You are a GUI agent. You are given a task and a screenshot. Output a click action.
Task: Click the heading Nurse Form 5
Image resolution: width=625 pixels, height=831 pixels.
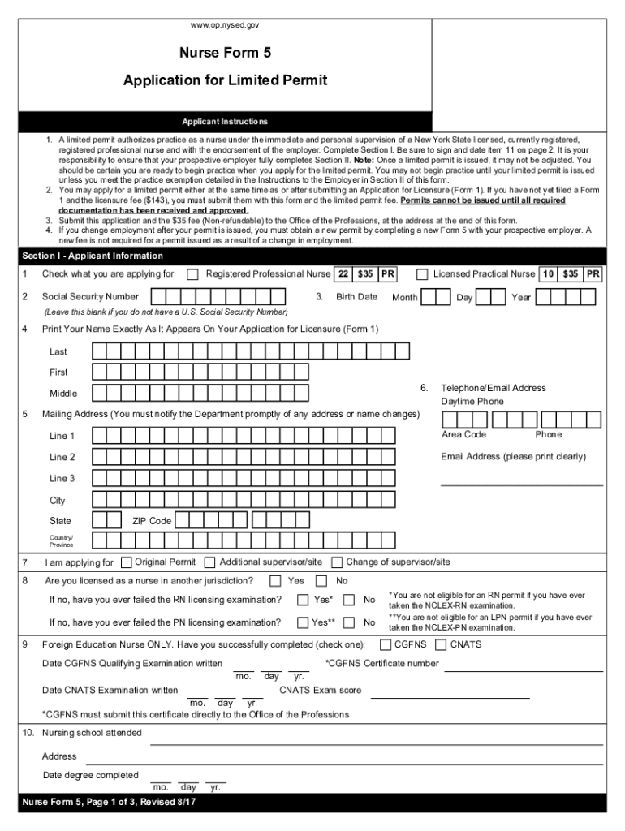point(225,54)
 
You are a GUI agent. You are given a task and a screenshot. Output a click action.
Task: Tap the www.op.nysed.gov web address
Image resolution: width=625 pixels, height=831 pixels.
point(225,25)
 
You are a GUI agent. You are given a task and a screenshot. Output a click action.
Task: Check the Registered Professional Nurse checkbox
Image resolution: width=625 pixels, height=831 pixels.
point(192,274)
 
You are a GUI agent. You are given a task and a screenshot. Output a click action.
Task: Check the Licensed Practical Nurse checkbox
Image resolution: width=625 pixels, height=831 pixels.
point(422,274)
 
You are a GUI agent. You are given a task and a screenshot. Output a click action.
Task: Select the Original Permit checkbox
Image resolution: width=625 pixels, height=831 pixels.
point(126,562)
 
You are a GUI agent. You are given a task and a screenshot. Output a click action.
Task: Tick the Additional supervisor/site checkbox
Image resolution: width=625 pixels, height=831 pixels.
point(210,562)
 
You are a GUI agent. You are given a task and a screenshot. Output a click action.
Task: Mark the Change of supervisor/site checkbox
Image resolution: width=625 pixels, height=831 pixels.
point(337,562)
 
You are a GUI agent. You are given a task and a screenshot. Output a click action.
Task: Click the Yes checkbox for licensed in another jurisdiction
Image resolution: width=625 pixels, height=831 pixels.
point(275,581)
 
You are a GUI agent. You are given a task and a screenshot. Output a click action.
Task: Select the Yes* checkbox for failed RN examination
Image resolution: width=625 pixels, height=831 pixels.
point(303,601)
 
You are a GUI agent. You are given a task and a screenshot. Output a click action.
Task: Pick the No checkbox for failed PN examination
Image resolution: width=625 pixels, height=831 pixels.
point(349,623)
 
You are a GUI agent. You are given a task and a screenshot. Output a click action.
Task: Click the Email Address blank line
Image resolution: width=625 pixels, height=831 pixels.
point(521,484)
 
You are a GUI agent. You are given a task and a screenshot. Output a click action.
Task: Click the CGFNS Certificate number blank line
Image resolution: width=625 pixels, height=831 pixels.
point(524,670)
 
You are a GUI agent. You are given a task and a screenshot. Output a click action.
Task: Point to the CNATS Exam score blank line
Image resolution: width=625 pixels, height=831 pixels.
point(448,696)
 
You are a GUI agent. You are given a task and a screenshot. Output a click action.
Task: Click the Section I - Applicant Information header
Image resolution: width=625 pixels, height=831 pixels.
point(81,256)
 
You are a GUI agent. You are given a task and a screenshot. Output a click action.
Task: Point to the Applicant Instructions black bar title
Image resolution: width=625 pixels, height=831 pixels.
point(225,122)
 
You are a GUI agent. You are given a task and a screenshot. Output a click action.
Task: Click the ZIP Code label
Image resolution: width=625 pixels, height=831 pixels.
point(152,521)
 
